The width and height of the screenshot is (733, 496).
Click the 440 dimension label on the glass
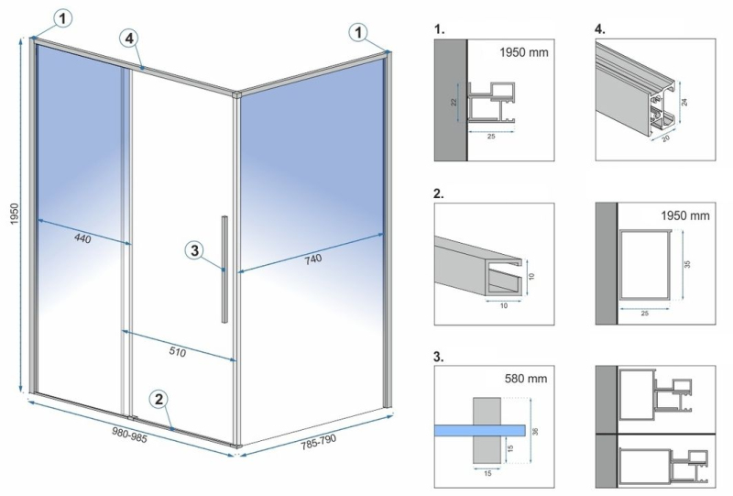pos(82,238)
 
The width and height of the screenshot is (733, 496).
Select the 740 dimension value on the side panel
pos(313,259)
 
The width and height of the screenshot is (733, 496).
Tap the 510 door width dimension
pos(177,351)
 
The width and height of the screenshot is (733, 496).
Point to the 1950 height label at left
pos(15,214)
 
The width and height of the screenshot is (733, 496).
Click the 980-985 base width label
pos(129,435)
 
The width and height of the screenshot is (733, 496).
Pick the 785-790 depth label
pos(318,442)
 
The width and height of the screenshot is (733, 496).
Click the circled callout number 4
pos(129,38)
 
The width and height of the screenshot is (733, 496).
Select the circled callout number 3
pos(195,250)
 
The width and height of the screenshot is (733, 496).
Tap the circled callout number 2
pos(159,399)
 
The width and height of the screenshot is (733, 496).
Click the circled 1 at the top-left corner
pos(63,18)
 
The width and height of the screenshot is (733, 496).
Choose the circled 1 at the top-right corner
pos(358,33)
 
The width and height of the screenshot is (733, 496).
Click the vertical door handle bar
pos(224,269)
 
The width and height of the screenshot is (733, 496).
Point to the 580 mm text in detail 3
pos(526,378)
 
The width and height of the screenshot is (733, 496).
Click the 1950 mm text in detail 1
pos(523,52)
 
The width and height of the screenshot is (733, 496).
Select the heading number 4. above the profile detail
pos(600,29)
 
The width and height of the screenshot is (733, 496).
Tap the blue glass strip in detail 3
pos(480,431)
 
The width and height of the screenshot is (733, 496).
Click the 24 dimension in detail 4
pos(684,101)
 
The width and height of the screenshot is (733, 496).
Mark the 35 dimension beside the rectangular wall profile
pos(687,264)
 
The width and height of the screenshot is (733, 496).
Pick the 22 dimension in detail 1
pos(454,103)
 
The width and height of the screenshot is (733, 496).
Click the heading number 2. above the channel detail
pos(439,193)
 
